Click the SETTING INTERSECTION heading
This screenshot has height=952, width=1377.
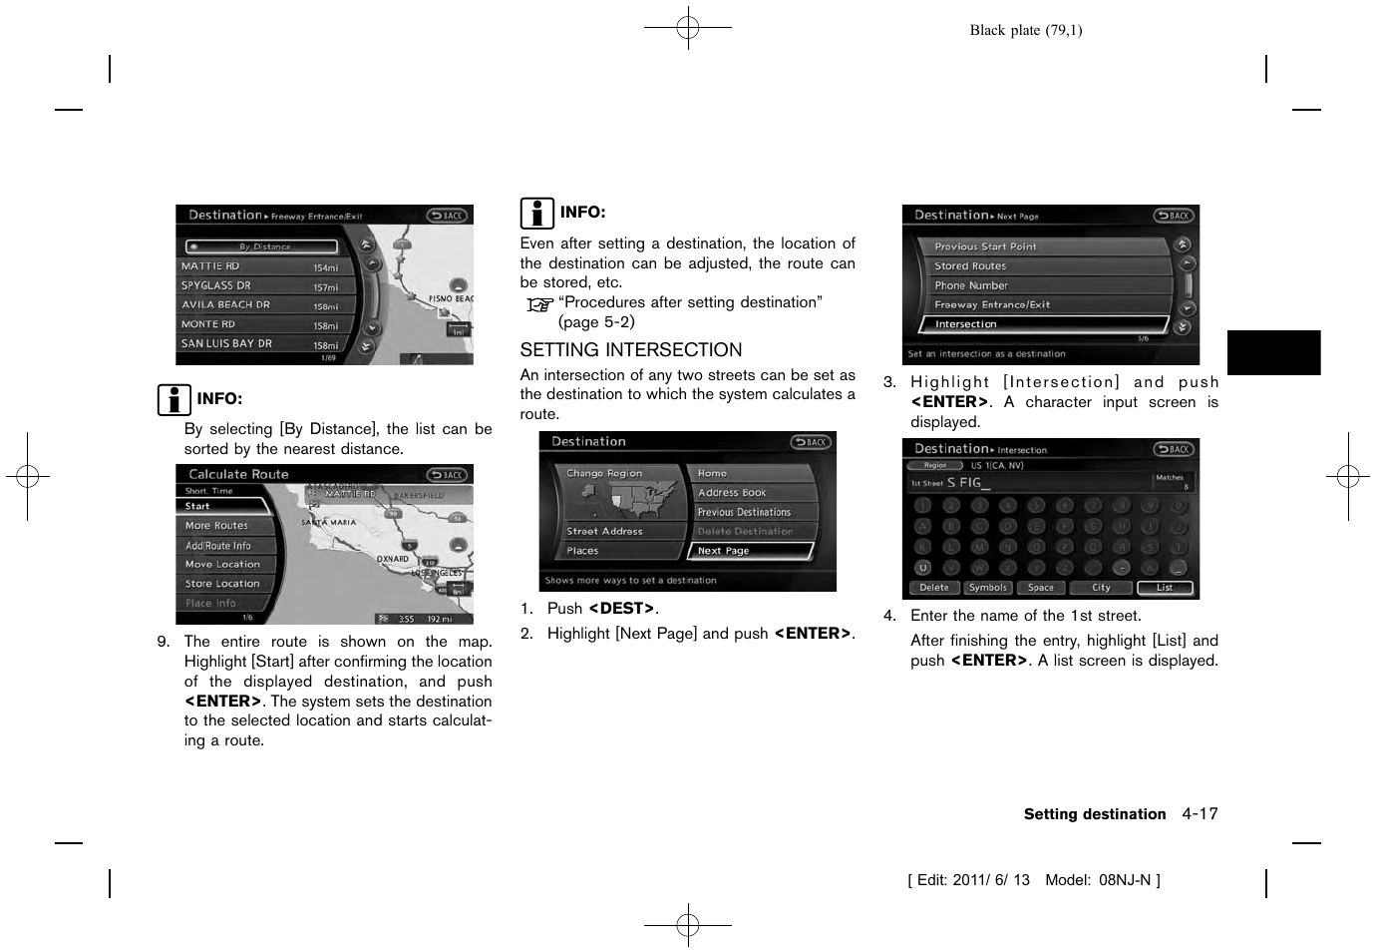tap(630, 350)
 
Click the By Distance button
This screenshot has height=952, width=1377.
tap(262, 246)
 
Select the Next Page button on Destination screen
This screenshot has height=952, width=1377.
tap(750, 551)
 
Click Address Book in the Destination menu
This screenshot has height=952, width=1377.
tap(750, 493)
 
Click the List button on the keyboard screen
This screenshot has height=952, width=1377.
tap(1164, 588)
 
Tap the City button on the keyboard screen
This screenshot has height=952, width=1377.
tap(1100, 588)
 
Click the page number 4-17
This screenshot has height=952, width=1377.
tap(1200, 814)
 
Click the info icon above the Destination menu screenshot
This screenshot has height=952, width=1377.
tap(536, 214)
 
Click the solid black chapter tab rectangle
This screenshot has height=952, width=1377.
tap(1273, 352)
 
